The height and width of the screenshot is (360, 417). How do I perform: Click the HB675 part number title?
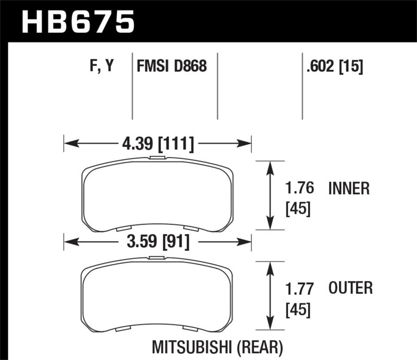click(77, 22)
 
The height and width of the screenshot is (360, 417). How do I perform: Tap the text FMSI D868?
click(171, 67)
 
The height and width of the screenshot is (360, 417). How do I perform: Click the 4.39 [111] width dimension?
click(158, 143)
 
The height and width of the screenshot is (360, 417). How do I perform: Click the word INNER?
click(349, 188)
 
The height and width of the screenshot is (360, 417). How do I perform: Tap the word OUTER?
click(351, 288)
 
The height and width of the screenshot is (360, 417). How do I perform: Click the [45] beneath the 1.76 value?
click(298, 209)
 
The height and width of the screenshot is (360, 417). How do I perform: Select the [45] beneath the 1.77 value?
click(298, 310)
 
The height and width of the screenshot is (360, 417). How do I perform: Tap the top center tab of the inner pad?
click(157, 157)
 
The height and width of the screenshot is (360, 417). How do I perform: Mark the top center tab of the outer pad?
click(157, 258)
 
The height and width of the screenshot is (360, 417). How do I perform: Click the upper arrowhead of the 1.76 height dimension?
click(270, 166)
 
